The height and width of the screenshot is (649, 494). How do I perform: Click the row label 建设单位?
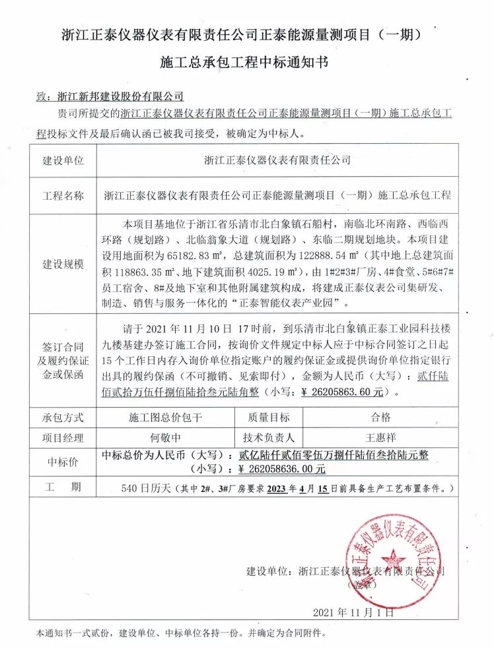(x=63, y=160)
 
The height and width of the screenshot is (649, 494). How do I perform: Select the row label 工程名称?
(x=63, y=195)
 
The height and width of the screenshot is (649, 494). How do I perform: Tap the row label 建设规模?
(x=63, y=264)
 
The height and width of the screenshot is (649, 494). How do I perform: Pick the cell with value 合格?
(x=382, y=417)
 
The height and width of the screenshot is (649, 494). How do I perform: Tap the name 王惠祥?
(x=382, y=437)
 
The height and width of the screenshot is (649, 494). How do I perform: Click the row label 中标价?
(x=63, y=462)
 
